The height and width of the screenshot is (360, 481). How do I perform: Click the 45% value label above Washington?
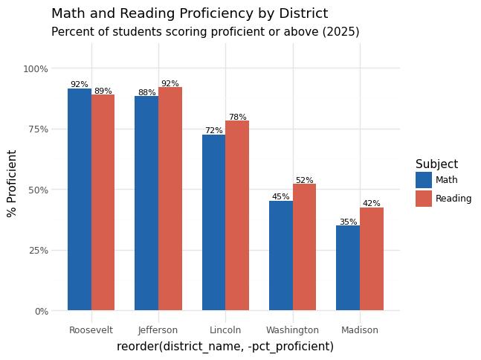(281, 197)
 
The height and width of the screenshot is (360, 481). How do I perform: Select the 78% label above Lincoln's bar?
(238, 117)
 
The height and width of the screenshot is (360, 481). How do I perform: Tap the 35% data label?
(348, 222)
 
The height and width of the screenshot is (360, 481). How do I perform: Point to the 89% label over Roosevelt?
(103, 91)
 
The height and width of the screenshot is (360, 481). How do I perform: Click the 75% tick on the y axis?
(36, 129)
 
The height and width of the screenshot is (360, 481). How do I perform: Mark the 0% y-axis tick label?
(41, 311)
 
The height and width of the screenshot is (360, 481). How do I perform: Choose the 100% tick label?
(36, 68)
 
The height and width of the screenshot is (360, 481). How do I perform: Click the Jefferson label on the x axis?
(158, 330)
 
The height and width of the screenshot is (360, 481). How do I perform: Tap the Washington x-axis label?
(292, 330)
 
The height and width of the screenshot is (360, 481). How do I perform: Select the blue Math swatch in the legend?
(424, 180)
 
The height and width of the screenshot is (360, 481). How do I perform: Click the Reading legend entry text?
(453, 199)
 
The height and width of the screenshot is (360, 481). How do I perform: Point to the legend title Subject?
(436, 164)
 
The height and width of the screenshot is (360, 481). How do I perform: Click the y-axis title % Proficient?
(12, 183)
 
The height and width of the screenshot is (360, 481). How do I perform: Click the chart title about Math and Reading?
(190, 13)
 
